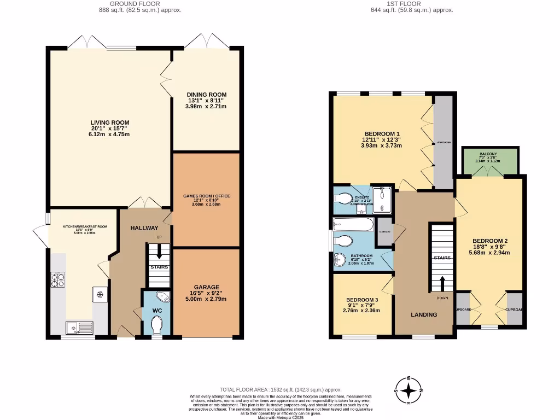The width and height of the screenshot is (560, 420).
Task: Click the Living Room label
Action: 110,128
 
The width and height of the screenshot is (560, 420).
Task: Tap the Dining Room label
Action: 206,100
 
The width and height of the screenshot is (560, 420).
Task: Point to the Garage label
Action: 206,293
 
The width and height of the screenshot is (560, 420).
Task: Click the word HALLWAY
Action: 144,228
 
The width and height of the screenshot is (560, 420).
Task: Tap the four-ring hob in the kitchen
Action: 58,279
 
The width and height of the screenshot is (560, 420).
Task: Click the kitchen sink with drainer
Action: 79,328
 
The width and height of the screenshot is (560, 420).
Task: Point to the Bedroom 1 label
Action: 382,139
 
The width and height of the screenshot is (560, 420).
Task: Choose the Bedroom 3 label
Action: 361,305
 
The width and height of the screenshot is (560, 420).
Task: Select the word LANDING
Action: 424,314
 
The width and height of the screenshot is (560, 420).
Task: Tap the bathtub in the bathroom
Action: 353,224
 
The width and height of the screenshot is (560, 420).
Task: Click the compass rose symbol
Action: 409,390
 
